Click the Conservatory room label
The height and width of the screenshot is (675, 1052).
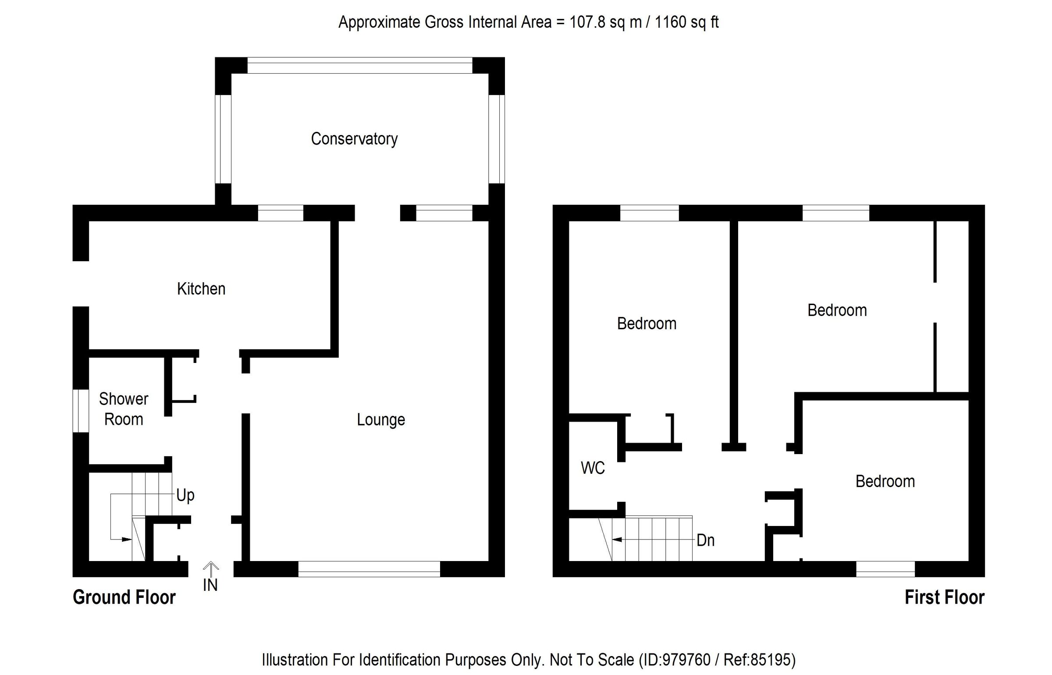point(354,139)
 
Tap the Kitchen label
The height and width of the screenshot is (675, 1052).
point(201,289)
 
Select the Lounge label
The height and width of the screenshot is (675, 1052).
point(381,420)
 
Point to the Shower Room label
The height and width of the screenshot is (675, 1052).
point(124,409)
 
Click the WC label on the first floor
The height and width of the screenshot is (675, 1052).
point(593,468)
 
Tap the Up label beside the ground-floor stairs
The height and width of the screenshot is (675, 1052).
point(185,495)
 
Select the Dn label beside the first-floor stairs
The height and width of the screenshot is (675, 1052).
point(706,540)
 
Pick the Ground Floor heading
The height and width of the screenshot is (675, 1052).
point(124,597)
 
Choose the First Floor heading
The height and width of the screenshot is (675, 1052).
point(945,597)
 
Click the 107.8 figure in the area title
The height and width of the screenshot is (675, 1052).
point(588,22)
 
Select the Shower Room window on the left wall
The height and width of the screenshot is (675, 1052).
point(81,411)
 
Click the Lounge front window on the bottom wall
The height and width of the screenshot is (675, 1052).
point(369,569)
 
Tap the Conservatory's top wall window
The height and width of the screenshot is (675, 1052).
point(360,65)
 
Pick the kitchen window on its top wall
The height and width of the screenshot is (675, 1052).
point(281,213)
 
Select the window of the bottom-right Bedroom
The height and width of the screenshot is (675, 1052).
point(885,569)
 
